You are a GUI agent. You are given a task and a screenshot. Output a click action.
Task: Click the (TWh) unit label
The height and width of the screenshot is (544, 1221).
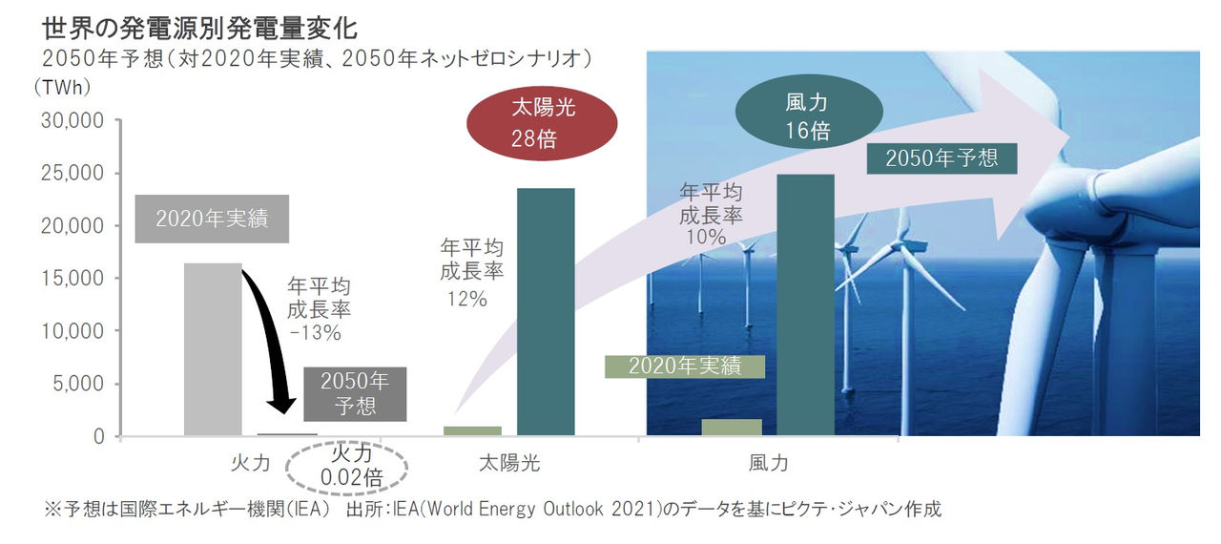click(x=61, y=87)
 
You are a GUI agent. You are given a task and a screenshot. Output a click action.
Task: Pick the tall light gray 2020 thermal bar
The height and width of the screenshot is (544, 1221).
click(x=212, y=349)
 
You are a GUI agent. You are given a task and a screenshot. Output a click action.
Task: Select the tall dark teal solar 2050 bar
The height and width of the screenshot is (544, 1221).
click(x=546, y=312)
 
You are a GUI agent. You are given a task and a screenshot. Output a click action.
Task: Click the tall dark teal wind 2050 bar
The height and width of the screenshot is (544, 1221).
click(x=806, y=305)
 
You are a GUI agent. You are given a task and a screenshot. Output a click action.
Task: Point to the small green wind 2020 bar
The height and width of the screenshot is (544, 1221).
click(x=732, y=428)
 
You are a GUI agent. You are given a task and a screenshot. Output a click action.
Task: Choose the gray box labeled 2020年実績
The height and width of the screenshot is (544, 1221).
click(x=212, y=219)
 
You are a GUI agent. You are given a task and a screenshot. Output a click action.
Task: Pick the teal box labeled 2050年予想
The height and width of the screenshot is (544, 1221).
click(x=942, y=157)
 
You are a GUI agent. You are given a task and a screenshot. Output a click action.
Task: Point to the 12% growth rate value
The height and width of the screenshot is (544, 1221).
click(x=467, y=299)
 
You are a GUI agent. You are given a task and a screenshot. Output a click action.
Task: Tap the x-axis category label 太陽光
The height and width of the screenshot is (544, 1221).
click(x=509, y=464)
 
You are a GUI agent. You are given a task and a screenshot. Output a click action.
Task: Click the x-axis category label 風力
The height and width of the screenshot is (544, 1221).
click(x=768, y=464)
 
